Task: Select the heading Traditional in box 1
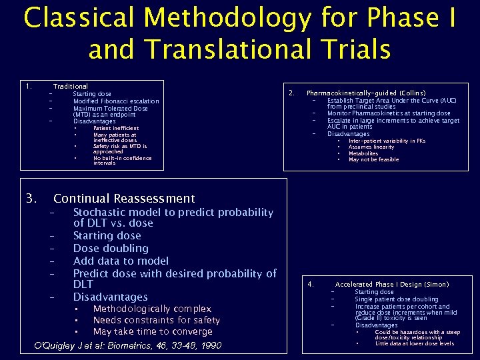(70, 87)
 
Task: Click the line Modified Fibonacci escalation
(116, 101)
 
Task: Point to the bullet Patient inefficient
(116, 128)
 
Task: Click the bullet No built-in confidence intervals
(122, 161)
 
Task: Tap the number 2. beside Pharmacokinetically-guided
(291, 93)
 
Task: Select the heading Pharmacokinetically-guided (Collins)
(366, 93)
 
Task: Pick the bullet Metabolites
(363, 153)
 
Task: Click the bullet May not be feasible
(373, 160)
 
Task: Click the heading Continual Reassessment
(124, 199)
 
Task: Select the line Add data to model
(121, 261)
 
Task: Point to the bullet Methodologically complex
(152, 309)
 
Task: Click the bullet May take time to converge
(153, 332)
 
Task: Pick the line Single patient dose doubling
(397, 299)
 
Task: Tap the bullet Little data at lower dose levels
(415, 344)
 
